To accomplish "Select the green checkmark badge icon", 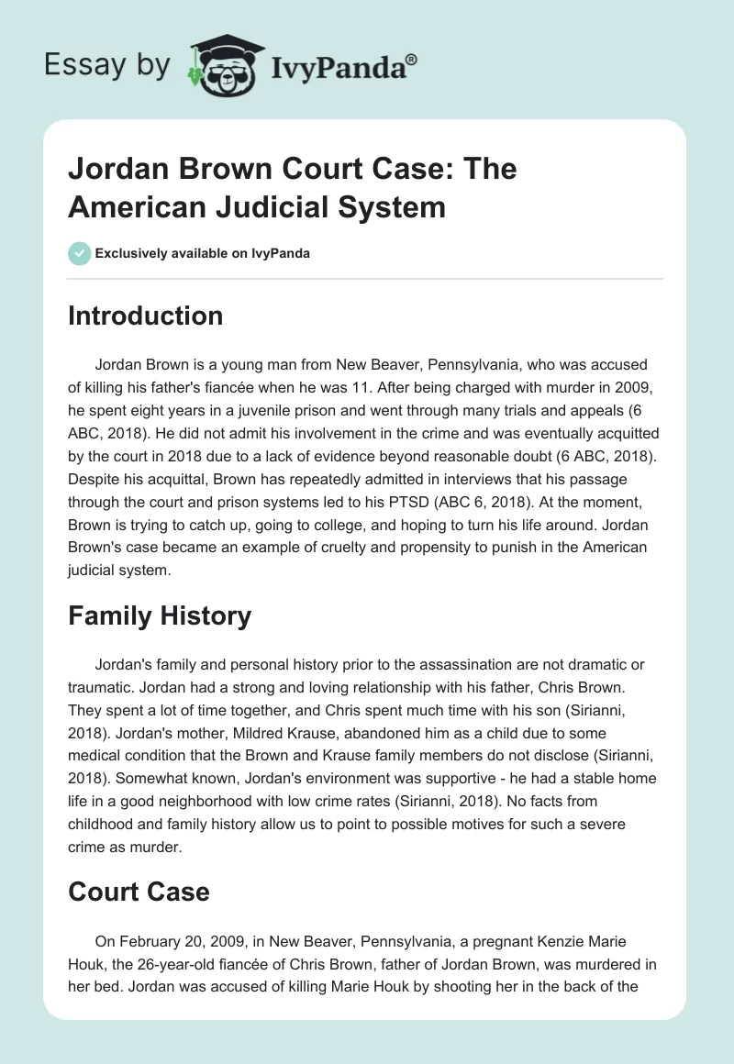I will click(x=79, y=253).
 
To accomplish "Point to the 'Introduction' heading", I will click(x=145, y=316).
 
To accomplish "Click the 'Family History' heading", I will click(x=159, y=615).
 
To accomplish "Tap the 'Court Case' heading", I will click(x=139, y=891).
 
